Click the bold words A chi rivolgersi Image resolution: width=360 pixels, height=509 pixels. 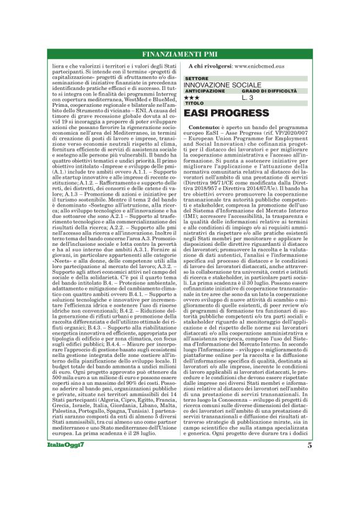[x=210, y=65]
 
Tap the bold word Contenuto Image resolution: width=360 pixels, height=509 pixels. [x=203, y=126]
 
